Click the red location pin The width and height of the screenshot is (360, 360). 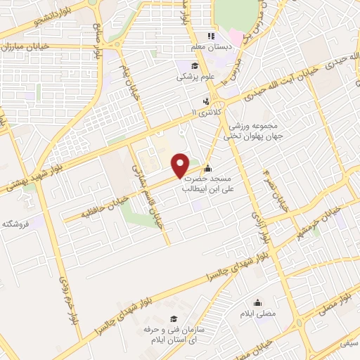(x=181, y=165)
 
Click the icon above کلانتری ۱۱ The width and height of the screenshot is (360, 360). (x=205, y=101)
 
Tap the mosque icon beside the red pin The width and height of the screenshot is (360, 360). (x=207, y=169)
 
